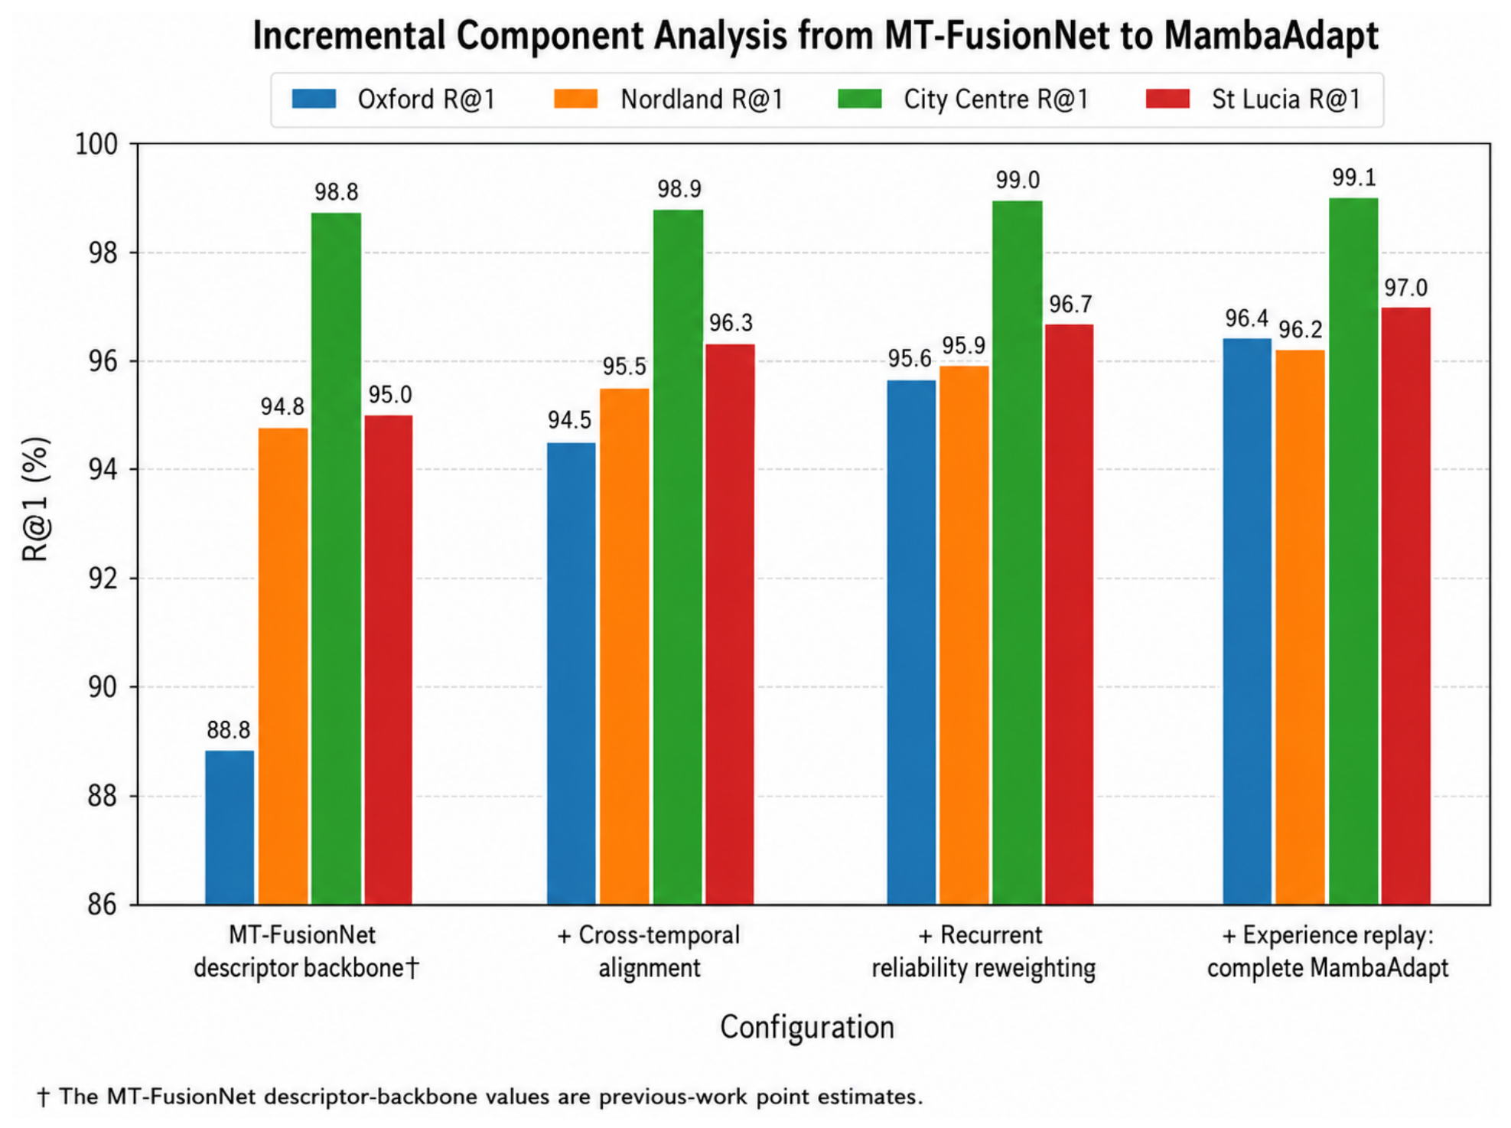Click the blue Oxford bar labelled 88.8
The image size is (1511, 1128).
click(230, 827)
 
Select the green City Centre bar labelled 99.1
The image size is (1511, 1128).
click(1353, 551)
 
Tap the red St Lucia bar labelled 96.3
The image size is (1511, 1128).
click(730, 624)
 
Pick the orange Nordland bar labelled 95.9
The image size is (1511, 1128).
click(964, 635)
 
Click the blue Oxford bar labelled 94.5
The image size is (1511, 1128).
click(572, 673)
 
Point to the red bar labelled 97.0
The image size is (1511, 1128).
click(1405, 606)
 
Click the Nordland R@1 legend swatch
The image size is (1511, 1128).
click(575, 99)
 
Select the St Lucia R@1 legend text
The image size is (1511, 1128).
click(1285, 99)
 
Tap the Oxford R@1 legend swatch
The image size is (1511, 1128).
click(314, 99)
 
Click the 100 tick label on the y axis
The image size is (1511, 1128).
click(96, 144)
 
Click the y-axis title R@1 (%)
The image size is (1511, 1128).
click(36, 499)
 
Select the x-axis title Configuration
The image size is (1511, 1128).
click(807, 1027)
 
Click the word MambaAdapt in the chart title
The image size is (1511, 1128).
click(1272, 36)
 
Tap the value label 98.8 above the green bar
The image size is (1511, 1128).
click(336, 192)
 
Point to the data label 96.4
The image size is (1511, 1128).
click(1246, 318)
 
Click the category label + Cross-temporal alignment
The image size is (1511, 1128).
click(649, 951)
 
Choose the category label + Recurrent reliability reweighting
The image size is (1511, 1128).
click(983, 951)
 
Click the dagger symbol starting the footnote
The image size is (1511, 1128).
click(43, 1097)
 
